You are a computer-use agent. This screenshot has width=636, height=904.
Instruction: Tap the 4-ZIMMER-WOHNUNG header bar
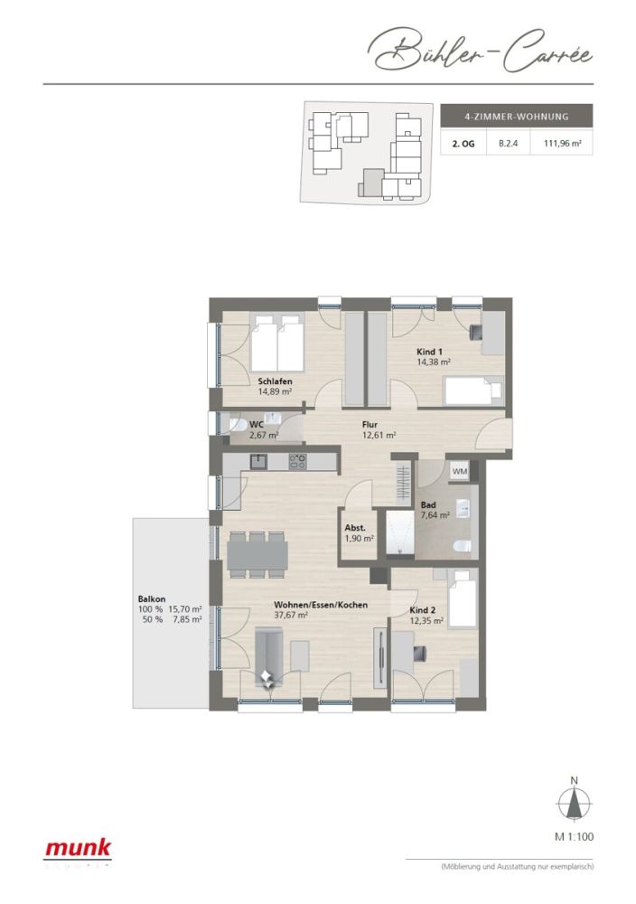pyautogui.click(x=515, y=116)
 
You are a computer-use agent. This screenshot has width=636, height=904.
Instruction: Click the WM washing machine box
pyautogui.click(x=460, y=471)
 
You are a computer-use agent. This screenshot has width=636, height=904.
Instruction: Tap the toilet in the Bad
pyautogui.click(x=463, y=545)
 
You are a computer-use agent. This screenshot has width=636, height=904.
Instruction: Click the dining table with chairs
pyautogui.click(x=257, y=552)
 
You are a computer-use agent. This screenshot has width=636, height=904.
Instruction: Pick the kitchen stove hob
pyautogui.click(x=297, y=461)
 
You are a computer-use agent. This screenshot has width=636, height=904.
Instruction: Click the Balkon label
pyautogui.click(x=150, y=598)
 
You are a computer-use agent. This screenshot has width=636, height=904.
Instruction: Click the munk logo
pyautogui.click(x=79, y=849)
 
